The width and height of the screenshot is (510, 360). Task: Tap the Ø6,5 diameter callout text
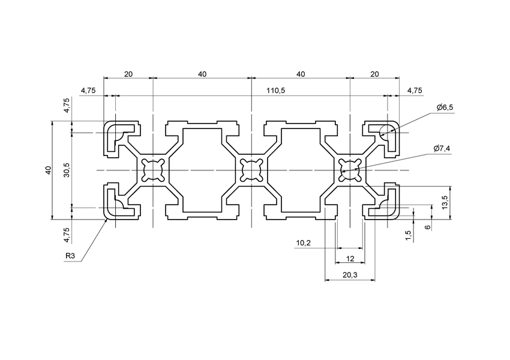tap(445, 107)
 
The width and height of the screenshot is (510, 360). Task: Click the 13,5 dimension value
tap(445, 198)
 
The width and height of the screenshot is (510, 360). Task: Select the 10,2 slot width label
tap(304, 244)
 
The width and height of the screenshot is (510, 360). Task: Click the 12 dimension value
tap(350, 259)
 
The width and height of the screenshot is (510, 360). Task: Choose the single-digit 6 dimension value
tap(427, 227)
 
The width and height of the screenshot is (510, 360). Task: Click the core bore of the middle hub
tap(251, 170)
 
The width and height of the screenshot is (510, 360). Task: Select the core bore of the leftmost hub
tap(152, 170)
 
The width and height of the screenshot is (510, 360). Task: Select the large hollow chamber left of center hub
tap(202, 170)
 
